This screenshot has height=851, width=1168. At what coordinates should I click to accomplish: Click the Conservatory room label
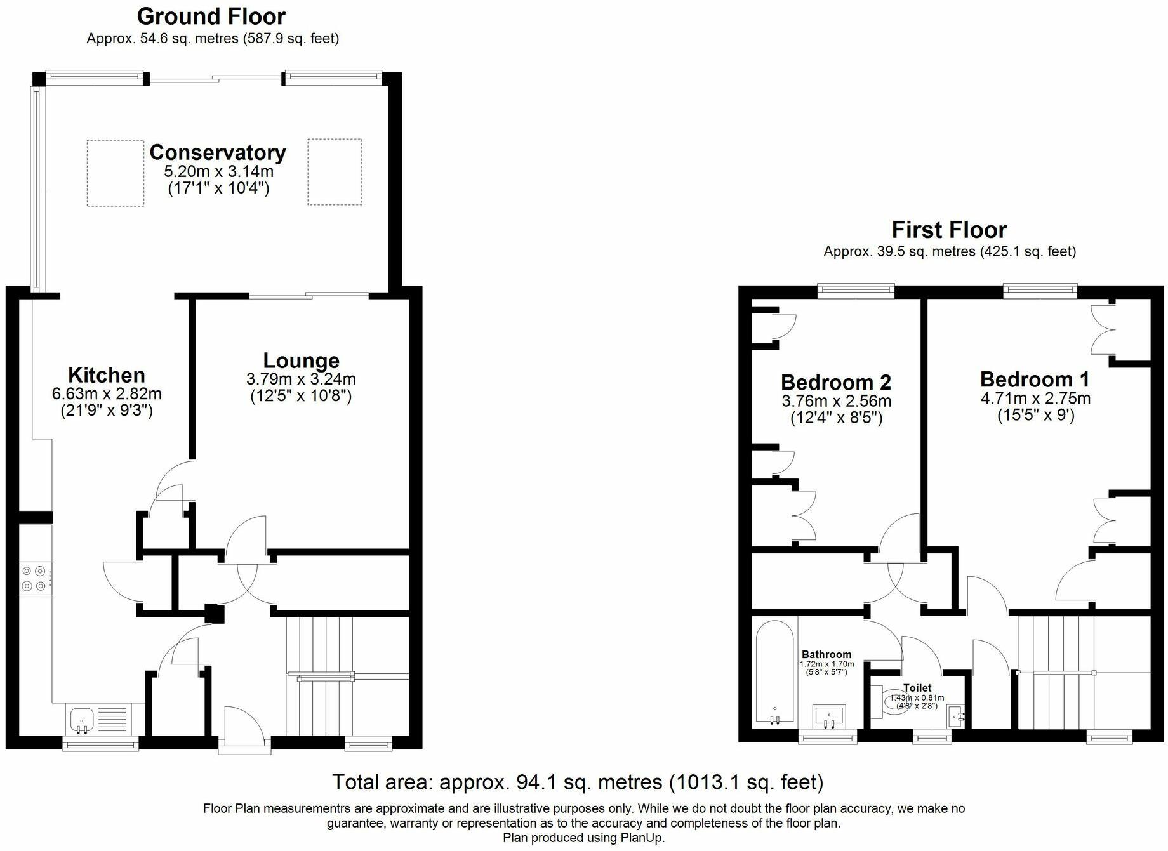coord(218,152)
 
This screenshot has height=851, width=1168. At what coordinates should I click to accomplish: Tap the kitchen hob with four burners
coord(36,578)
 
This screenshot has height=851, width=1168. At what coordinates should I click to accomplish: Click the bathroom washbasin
coord(829,716)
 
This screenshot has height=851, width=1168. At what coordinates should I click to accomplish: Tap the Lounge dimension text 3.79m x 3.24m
coord(301,379)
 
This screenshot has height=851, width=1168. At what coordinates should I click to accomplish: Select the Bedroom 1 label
coord(1035,379)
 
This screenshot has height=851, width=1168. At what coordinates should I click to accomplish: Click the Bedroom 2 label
coord(835,383)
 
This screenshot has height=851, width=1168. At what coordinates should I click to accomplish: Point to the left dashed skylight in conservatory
coord(115,173)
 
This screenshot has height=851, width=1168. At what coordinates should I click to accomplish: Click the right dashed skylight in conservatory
coord(335,172)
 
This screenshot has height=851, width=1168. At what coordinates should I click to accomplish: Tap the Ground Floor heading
coord(211,16)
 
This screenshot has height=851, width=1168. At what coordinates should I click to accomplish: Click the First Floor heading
coord(949,230)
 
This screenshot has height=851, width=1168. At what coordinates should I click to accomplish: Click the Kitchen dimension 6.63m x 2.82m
coord(107,394)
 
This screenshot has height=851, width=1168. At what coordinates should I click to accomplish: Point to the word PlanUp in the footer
coord(640,838)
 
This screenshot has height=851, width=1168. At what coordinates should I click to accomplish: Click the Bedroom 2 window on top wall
coord(856,291)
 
